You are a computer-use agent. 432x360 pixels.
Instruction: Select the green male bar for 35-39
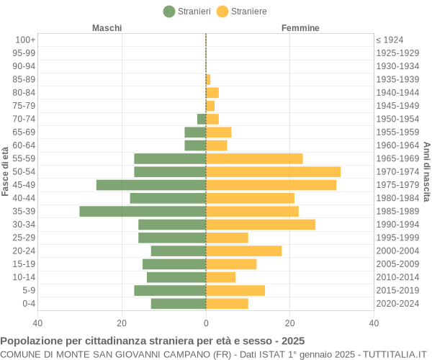click(143, 211)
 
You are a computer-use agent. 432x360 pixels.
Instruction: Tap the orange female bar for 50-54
click(273, 171)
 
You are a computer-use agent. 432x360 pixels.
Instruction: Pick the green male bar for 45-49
click(151, 185)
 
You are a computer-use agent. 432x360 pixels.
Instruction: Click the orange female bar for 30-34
click(261, 225)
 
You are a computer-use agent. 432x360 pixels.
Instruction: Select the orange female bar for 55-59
click(254, 158)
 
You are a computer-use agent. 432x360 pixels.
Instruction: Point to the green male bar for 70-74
click(202, 119)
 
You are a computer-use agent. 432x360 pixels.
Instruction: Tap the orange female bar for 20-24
click(243, 251)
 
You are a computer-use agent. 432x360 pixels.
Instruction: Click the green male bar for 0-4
click(179, 304)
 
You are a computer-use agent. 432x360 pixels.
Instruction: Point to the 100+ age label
click(25, 40)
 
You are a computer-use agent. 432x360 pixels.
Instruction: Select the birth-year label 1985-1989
click(397, 211)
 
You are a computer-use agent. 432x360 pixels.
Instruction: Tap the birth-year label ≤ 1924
click(390, 40)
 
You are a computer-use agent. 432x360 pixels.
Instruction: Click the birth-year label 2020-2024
click(397, 304)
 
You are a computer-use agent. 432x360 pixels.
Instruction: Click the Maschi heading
click(107, 28)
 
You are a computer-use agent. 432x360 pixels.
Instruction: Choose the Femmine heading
click(300, 28)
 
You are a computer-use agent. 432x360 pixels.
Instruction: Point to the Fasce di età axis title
click(6, 171)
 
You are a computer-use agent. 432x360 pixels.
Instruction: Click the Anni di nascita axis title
click(426, 171)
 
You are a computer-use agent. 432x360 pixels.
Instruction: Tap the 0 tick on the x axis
click(206, 323)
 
